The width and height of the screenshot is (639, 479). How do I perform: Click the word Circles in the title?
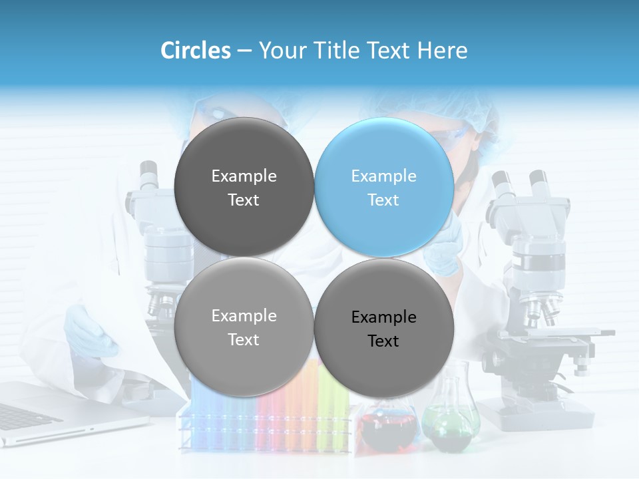[x=196, y=51]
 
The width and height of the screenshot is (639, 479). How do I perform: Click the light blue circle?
[x=384, y=187]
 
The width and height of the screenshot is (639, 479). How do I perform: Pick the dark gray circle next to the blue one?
[x=244, y=187]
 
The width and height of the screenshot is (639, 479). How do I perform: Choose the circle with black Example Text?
[x=384, y=328]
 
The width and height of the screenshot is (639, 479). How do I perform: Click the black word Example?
[x=384, y=317]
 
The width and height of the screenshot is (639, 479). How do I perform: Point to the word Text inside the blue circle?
[x=383, y=200]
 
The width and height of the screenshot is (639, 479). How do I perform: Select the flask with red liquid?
[x=388, y=426]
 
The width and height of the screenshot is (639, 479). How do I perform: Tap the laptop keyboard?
[x=27, y=416]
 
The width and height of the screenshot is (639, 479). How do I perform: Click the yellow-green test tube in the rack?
[x=328, y=406]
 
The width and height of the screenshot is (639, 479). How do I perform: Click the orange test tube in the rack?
[x=293, y=406]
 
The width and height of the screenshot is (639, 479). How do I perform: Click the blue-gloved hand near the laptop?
[x=90, y=329]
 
